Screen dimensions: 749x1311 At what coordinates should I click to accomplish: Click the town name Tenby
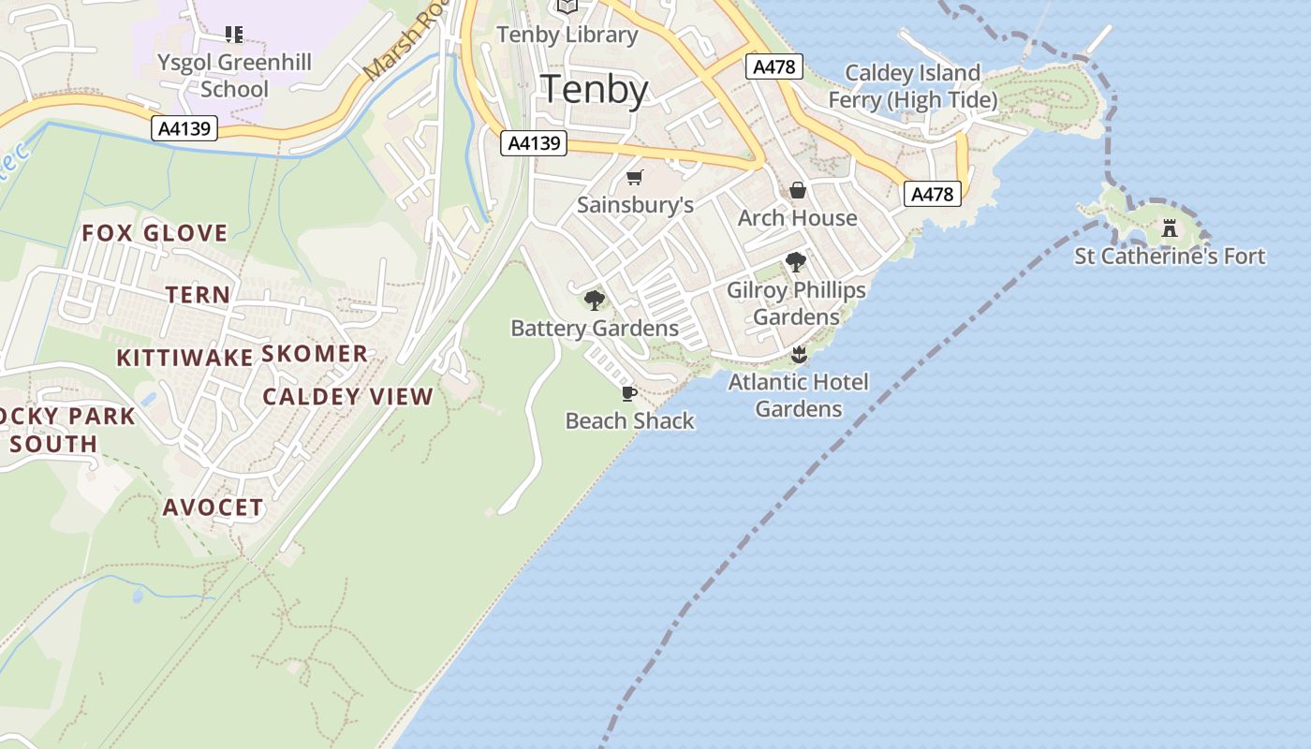tap(595, 89)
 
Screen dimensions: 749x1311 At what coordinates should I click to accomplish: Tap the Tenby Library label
tap(567, 35)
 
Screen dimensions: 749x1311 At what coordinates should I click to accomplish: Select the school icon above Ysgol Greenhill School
tap(233, 36)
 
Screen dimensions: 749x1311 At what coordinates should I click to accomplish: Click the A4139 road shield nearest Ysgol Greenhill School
tap(184, 128)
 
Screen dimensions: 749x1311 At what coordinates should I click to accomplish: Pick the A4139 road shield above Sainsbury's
tap(535, 143)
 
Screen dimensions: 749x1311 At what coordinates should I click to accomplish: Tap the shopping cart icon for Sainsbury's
tap(635, 178)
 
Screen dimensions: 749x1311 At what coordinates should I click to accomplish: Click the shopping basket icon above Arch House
tap(798, 191)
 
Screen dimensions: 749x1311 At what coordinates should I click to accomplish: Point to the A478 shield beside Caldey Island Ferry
tap(773, 66)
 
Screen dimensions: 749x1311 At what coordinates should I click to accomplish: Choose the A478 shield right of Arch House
tap(932, 194)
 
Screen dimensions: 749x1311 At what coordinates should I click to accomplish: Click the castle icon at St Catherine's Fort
tap(1169, 228)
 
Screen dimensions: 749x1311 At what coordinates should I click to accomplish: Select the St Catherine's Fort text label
tap(1170, 256)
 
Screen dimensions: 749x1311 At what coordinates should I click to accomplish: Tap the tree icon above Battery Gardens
tap(594, 301)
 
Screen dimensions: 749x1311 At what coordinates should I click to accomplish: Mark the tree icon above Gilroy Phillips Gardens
tap(796, 262)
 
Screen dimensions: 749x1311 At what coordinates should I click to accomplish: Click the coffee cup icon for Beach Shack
tap(629, 393)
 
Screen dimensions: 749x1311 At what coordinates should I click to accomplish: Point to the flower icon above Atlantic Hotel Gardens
tap(799, 354)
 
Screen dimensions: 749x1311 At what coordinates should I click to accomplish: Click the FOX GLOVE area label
tap(155, 233)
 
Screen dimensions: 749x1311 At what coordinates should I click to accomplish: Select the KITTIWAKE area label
tap(184, 358)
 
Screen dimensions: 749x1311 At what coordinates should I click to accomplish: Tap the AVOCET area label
tap(214, 507)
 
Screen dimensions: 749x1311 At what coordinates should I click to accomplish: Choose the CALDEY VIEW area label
tap(347, 396)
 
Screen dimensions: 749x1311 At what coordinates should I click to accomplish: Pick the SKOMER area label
tap(315, 354)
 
